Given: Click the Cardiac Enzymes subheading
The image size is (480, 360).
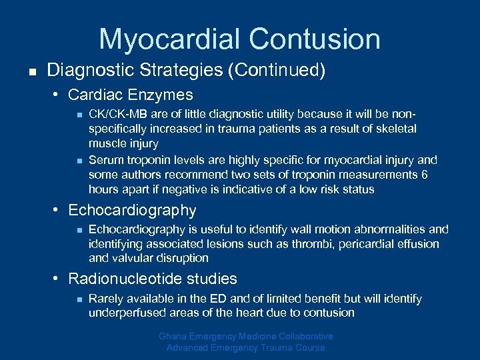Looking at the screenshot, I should click(131, 95).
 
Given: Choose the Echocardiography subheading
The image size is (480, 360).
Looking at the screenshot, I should click(132, 211).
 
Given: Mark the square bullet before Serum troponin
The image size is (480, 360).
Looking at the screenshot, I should click(78, 160).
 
